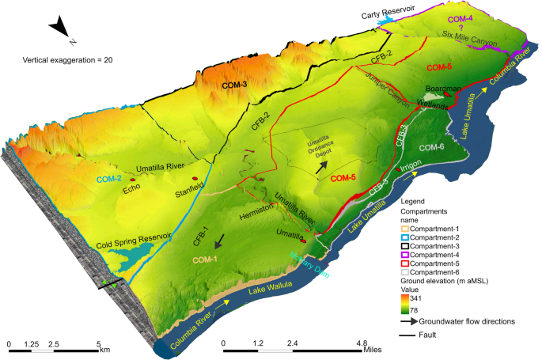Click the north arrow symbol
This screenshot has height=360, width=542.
coord(61,30)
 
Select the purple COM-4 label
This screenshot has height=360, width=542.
coord(461,17)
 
